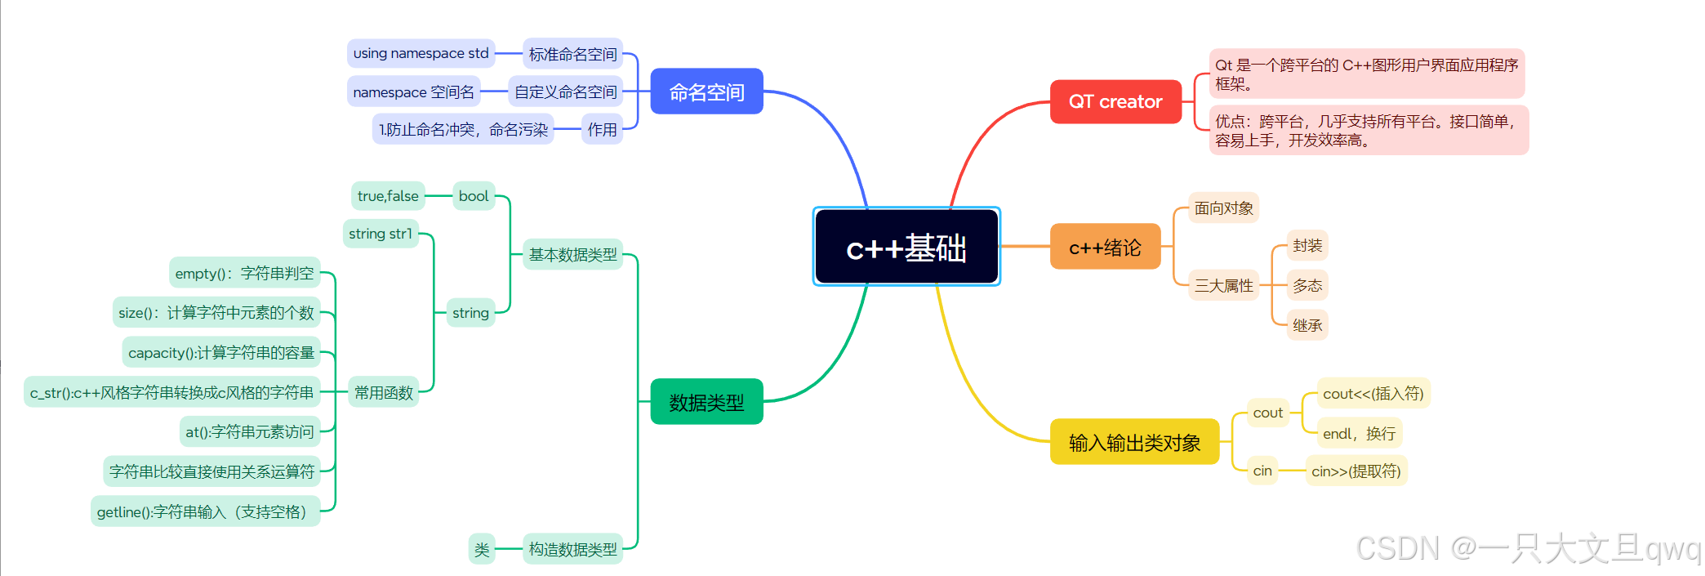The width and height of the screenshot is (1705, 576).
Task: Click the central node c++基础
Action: [x=906, y=247]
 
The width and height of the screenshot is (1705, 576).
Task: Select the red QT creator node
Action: [x=1115, y=101]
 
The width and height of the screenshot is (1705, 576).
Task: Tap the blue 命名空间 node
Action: [x=706, y=92]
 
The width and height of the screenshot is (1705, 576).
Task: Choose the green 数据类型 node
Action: [x=706, y=402]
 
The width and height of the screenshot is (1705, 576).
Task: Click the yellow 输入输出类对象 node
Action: [x=1134, y=442]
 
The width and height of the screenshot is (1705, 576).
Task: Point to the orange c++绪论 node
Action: [x=1105, y=247]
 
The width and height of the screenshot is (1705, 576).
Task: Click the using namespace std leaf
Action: [x=421, y=53]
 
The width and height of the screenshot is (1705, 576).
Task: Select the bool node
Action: [x=474, y=196]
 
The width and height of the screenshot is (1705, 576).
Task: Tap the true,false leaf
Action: [x=388, y=196]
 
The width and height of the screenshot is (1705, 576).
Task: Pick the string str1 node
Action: [x=381, y=234]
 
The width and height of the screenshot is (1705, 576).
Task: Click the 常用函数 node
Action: [x=384, y=393]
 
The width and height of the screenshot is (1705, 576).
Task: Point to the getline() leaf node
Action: [x=204, y=511]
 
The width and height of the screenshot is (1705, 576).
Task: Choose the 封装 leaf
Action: [x=1307, y=245]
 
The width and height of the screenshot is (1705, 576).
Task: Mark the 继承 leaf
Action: [x=1307, y=325]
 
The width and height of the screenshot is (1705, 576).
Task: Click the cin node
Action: [x=1262, y=471]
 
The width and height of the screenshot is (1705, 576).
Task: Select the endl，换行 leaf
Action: [x=1359, y=433]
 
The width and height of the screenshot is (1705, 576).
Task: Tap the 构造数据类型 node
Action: [x=572, y=549]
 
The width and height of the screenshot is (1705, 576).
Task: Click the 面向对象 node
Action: [x=1223, y=208]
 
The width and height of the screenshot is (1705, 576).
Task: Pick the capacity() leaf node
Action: [x=221, y=352]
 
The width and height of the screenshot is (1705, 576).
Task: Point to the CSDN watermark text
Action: [x=1527, y=548]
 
